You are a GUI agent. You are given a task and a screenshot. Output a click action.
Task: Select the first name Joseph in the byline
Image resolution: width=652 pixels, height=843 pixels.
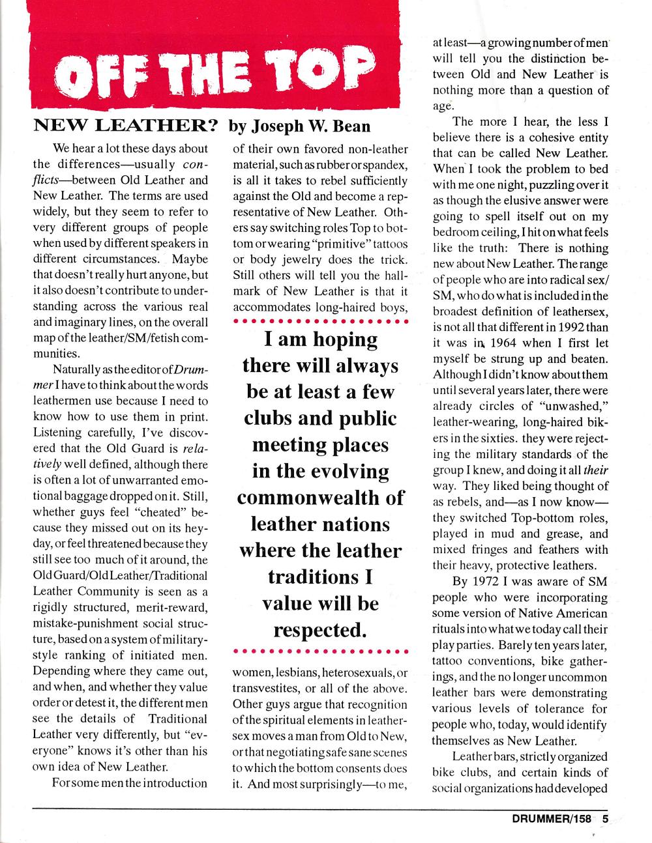point(274,126)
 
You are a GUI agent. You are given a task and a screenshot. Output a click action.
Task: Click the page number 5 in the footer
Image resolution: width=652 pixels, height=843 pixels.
point(606,820)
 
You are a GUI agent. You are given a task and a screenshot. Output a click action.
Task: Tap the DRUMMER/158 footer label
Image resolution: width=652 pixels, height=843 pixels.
point(552,820)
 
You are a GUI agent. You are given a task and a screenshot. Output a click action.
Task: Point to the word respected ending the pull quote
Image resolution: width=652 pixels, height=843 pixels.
point(317,631)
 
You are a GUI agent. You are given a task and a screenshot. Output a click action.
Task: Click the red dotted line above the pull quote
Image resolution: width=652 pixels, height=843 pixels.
point(320,321)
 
